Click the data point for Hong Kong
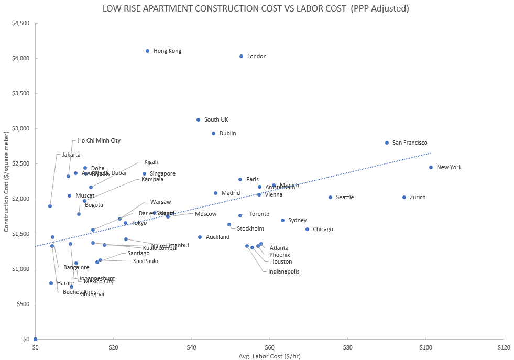point(147,51)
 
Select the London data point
point(241,56)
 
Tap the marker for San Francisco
point(387,143)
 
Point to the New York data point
point(431,167)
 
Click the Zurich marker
point(404,197)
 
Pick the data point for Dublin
point(213,133)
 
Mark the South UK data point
point(198,119)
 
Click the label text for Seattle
point(345,198)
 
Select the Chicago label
point(323,230)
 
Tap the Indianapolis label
point(284,272)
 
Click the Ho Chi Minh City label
point(99,141)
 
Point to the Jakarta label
point(71,155)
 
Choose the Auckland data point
point(200,237)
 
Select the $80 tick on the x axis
point(347,347)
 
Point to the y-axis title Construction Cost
point(6,181)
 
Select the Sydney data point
point(282,220)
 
